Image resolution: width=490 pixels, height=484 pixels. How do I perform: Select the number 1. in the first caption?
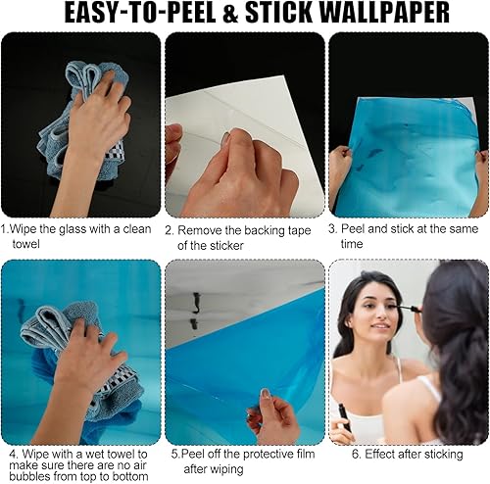coord(6,229)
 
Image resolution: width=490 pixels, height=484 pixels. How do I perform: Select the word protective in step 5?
coord(255,455)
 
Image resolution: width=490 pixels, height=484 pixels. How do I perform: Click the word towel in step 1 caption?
coord(27,243)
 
